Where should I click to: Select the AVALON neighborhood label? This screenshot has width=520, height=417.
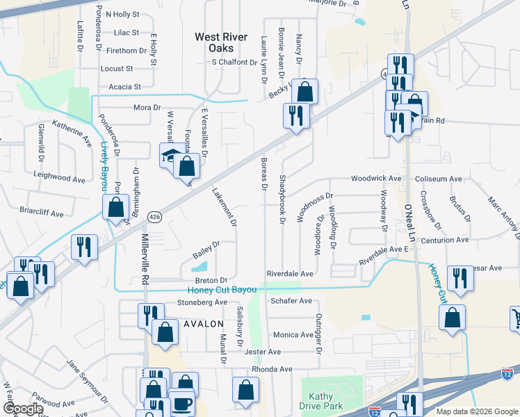pyautogui.click(x=204, y=324)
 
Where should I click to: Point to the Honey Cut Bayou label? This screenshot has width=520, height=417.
pyautogui.click(x=222, y=290)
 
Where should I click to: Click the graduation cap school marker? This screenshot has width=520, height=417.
pyautogui.click(x=170, y=156)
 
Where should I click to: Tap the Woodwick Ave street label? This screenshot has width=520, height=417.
pyautogui.click(x=376, y=179)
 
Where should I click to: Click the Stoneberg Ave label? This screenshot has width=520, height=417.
pyautogui.click(x=202, y=302)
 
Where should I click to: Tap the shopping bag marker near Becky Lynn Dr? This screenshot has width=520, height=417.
pyautogui.click(x=304, y=91)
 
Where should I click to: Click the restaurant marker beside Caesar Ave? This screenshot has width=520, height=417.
pyautogui.click(x=460, y=279)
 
